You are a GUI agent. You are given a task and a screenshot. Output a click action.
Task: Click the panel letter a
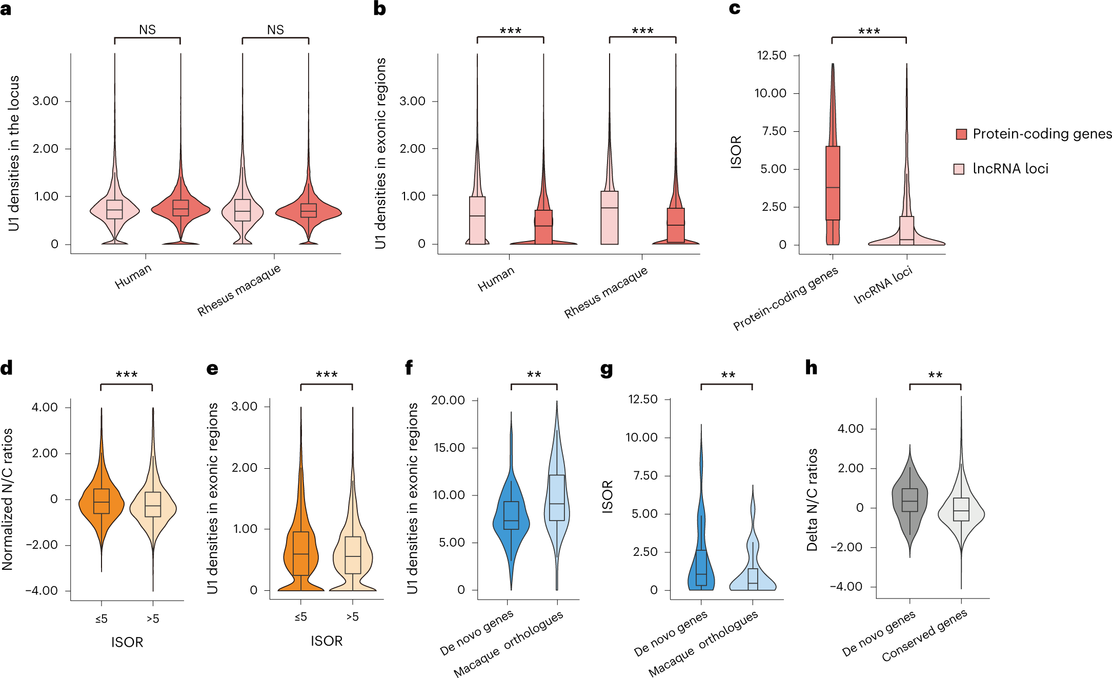pyautogui.click(x=6, y=9)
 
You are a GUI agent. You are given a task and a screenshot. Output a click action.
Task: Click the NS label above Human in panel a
pyautogui.click(x=147, y=30)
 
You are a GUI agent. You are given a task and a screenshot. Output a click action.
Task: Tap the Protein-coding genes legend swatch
pyautogui.click(x=961, y=134)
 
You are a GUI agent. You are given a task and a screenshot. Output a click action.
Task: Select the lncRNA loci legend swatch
pyautogui.click(x=959, y=169)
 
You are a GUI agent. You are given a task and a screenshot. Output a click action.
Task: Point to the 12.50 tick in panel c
pyautogui.click(x=772, y=55)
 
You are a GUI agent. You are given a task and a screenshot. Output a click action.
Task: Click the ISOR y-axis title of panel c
pyautogui.click(x=736, y=152)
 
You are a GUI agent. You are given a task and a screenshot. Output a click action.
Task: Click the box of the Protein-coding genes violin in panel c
pyautogui.click(x=833, y=183)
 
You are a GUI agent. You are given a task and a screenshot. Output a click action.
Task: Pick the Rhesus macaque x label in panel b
pyautogui.click(x=606, y=292)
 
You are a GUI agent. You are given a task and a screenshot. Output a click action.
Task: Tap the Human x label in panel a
pyautogui.click(x=133, y=276)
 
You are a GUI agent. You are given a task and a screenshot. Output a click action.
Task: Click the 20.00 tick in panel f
pyautogui.click(x=448, y=400)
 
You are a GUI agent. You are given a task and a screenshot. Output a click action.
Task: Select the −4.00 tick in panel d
pyautogui.click(x=42, y=590)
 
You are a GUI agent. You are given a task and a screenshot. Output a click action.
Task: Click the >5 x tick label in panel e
pyautogui.click(x=352, y=617)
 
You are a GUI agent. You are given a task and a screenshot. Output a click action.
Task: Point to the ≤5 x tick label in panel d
pyautogui.click(x=102, y=619)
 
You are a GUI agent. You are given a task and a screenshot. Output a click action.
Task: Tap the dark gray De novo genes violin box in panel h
pyautogui.click(x=909, y=500)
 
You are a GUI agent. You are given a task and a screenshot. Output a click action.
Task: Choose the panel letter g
pyautogui.click(x=606, y=369)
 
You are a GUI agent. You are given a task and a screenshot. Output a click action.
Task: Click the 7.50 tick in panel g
pyautogui.click(x=645, y=475)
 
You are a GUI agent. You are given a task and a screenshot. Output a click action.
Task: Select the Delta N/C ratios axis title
pyautogui.click(x=812, y=500)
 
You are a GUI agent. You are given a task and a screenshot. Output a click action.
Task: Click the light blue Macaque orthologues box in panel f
pyautogui.click(x=557, y=497)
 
